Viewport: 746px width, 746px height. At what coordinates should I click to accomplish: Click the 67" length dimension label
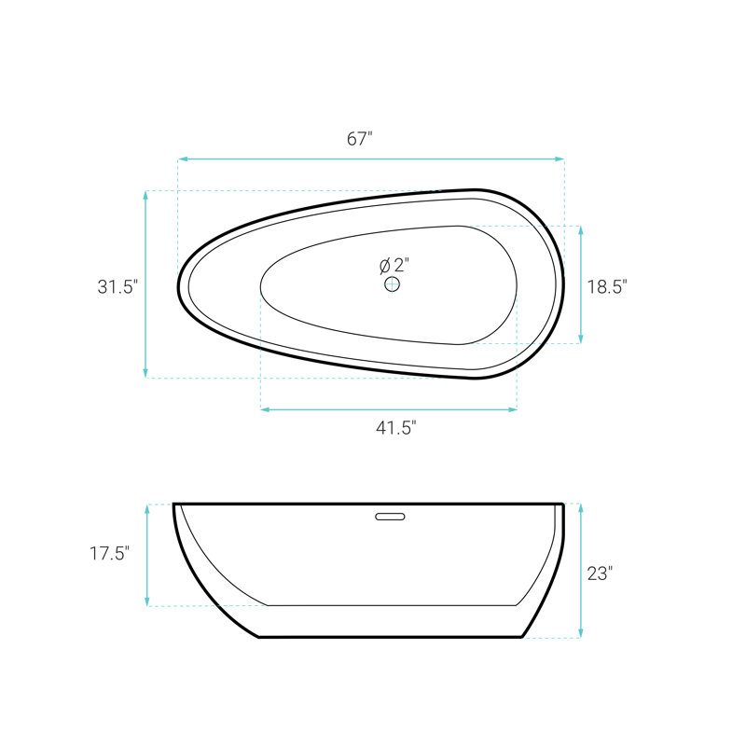359,138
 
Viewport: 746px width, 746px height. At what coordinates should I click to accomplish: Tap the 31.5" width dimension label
117,287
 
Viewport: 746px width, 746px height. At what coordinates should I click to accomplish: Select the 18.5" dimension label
607,287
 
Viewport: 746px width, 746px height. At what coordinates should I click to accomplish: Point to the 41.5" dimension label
395,428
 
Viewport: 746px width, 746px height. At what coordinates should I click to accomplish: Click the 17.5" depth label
109,553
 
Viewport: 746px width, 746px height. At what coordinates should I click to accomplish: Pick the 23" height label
600,573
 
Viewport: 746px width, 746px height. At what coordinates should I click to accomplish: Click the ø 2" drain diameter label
394,265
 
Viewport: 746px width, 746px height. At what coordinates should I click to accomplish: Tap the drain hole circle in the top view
392,284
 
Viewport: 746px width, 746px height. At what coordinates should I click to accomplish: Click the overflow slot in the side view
390,517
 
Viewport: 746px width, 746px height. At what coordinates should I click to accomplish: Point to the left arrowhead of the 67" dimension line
182,159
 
